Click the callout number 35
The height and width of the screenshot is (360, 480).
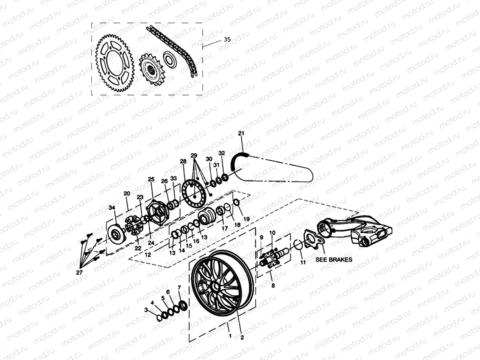point(227,39)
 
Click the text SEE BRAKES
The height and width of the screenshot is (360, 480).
point(334,260)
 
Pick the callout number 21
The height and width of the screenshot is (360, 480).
point(241,134)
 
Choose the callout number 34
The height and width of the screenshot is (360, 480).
point(112,207)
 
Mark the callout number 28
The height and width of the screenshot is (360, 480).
point(183,162)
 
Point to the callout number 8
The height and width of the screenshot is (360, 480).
point(273,286)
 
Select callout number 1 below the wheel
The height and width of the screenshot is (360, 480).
point(230,336)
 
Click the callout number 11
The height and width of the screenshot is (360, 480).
point(302,263)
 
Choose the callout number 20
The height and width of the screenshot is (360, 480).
point(126,194)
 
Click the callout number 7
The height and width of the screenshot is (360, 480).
point(179,288)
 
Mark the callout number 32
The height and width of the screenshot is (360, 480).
point(221,153)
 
